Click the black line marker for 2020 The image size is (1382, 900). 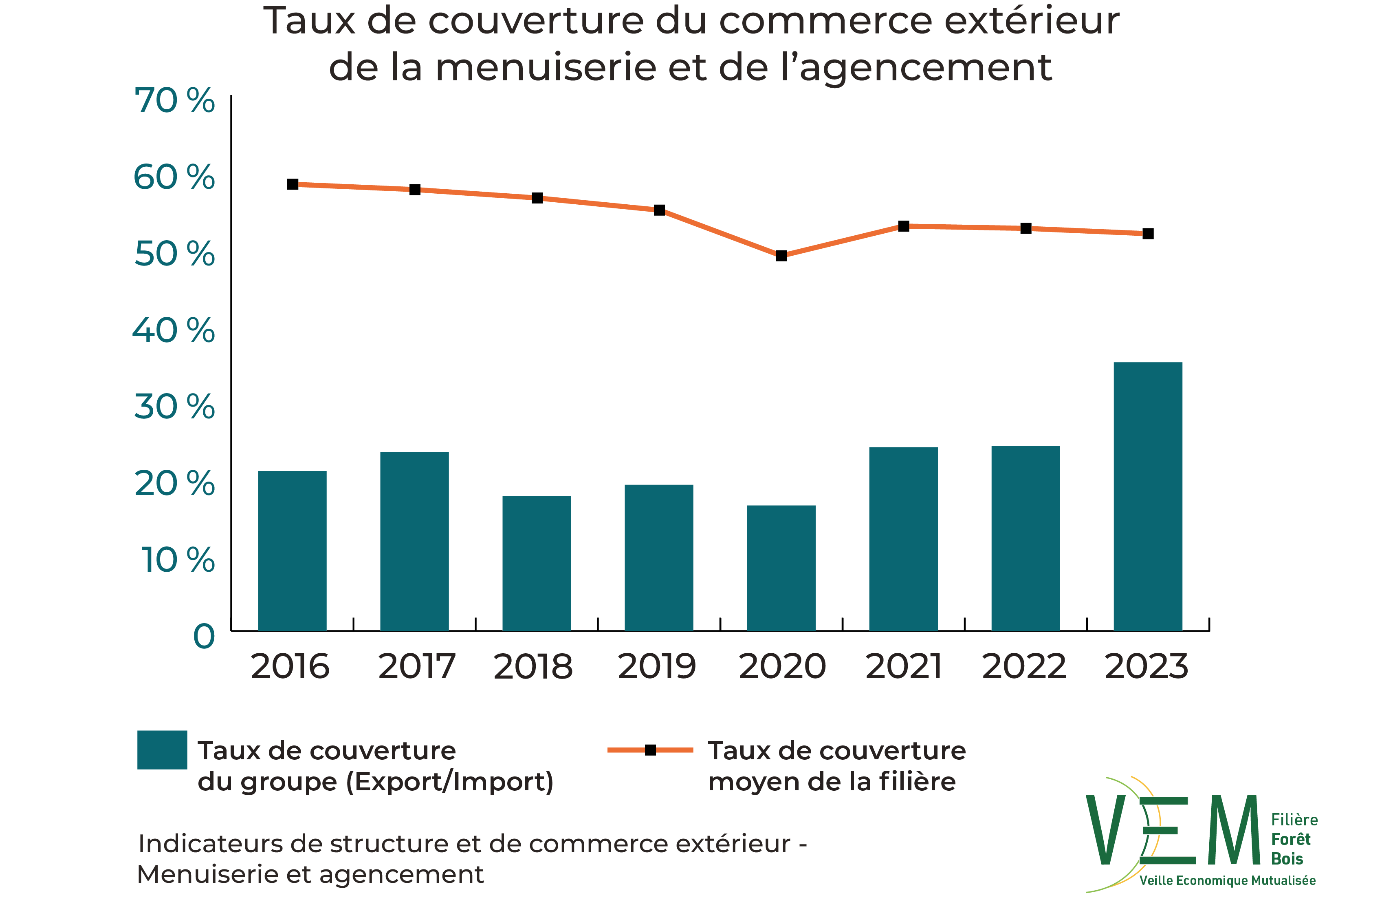coord(781,256)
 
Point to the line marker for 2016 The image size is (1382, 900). coord(293,184)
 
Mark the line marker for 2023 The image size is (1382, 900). coord(1148,234)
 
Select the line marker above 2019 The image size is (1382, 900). coord(659,210)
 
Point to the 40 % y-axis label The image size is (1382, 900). coord(174,331)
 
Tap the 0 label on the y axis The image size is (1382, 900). coord(204,637)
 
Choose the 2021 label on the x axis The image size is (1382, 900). coord(904,666)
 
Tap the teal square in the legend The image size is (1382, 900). coord(162,750)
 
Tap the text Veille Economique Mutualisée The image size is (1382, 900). coord(1227,880)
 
